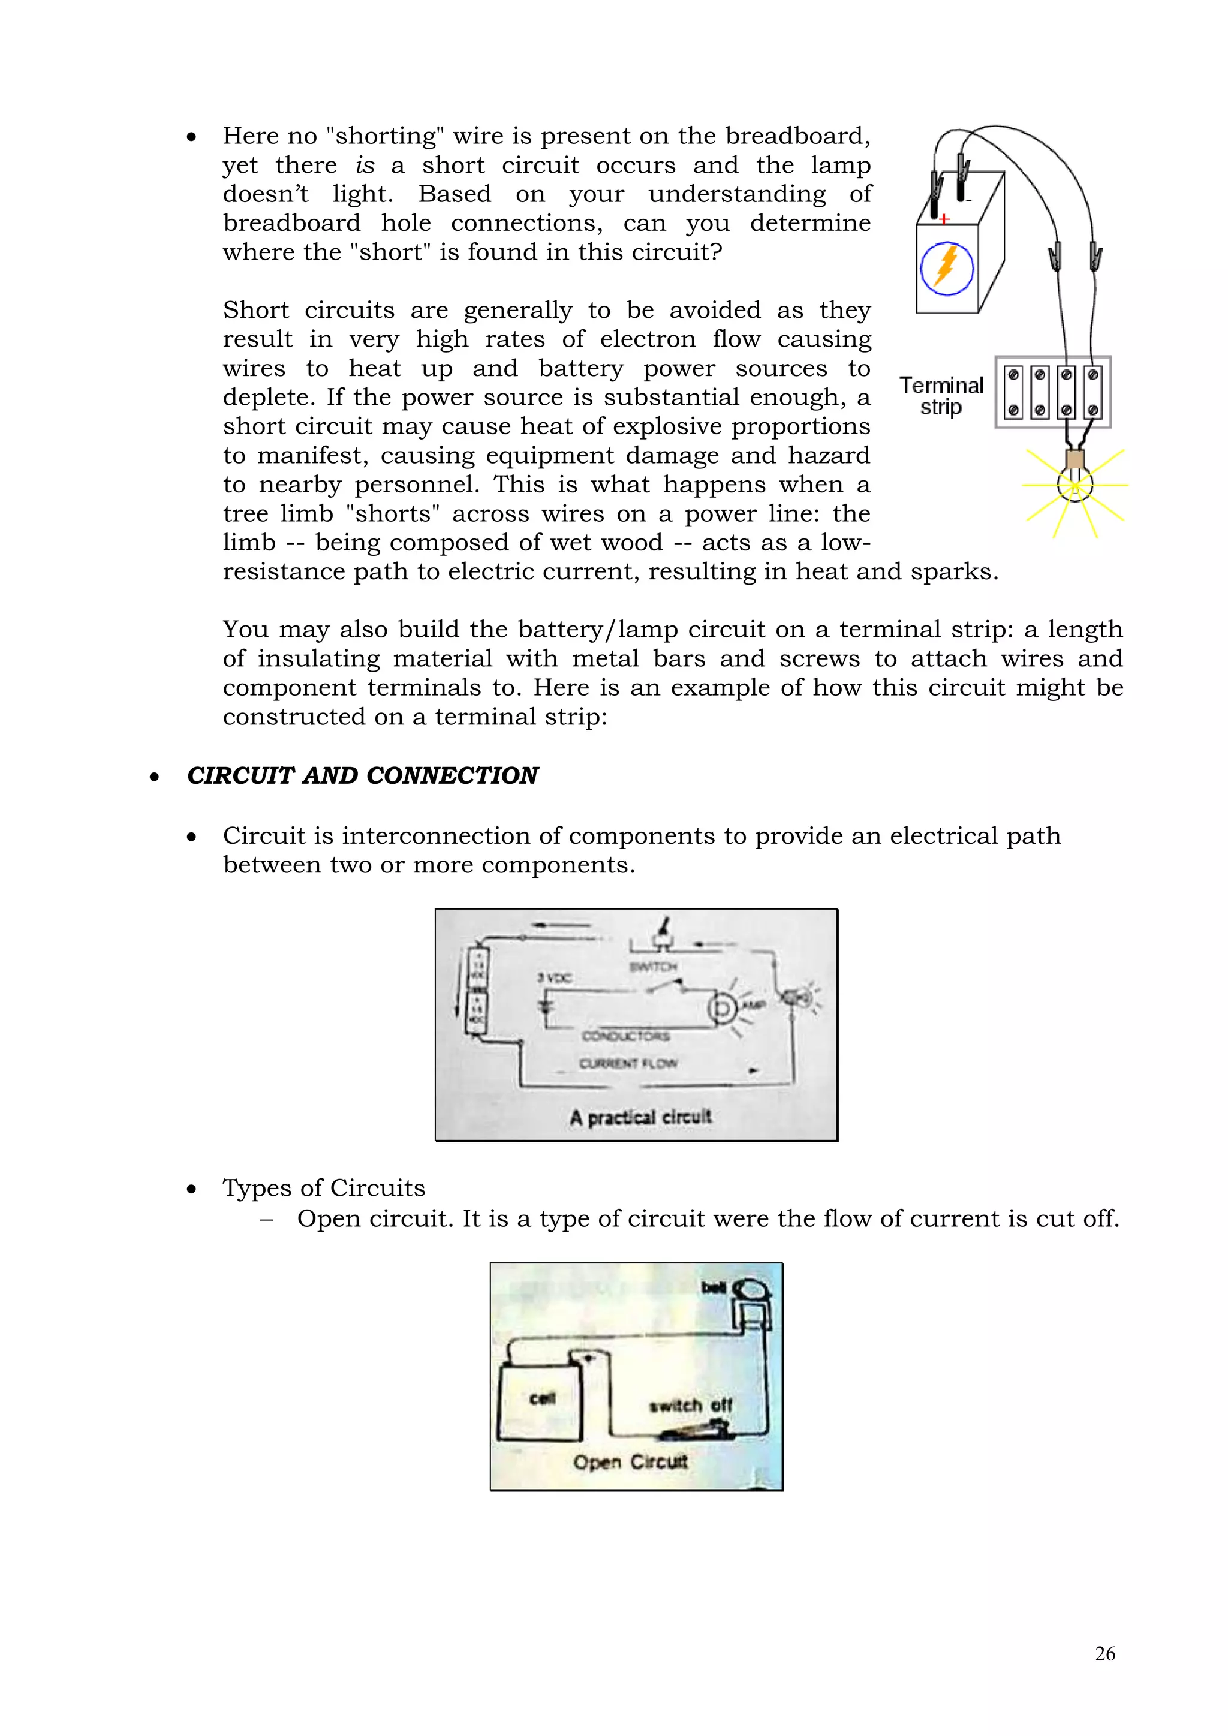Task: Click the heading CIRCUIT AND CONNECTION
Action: pyautogui.click(x=362, y=776)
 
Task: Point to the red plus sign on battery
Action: pyautogui.click(x=944, y=219)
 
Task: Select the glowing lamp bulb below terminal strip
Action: pyautogui.click(x=1074, y=484)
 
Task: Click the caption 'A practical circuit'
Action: pyautogui.click(x=640, y=1117)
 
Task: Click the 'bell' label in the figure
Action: pyautogui.click(x=713, y=1287)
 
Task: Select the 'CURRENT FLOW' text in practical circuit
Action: pyautogui.click(x=628, y=1063)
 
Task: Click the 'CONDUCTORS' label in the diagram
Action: pyautogui.click(x=626, y=1035)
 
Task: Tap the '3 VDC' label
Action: pyautogui.click(x=555, y=977)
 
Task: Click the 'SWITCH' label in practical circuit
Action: pyautogui.click(x=652, y=966)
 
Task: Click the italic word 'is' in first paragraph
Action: pyautogui.click(x=365, y=165)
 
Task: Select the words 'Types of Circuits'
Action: pyautogui.click(x=324, y=1188)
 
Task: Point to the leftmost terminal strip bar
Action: pyautogui.click(x=1014, y=392)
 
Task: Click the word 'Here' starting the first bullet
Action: pyautogui.click(x=250, y=136)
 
